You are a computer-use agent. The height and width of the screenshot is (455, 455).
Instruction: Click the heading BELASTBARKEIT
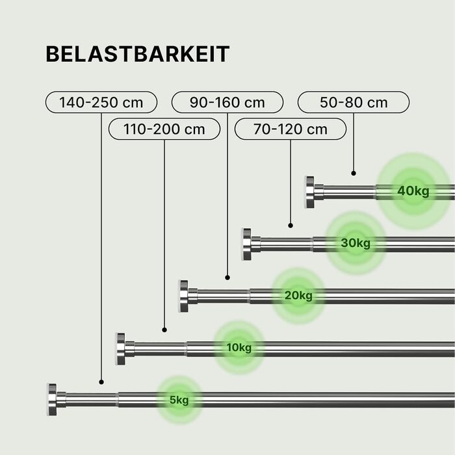tap(137, 55)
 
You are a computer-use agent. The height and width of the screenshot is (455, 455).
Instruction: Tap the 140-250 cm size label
tap(102, 102)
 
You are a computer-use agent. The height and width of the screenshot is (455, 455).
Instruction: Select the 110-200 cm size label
tap(164, 129)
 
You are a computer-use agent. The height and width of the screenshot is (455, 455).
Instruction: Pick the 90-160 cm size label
tap(227, 102)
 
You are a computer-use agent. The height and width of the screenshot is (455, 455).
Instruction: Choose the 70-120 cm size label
tap(291, 129)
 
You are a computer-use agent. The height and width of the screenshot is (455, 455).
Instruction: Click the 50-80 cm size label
tap(354, 102)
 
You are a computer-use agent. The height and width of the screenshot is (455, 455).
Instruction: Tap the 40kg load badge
tap(413, 191)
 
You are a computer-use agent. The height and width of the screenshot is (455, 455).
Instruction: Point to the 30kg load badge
tap(356, 244)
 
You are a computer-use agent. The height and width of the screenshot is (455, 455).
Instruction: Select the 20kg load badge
tap(298, 296)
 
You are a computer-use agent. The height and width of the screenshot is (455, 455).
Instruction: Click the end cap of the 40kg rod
tap(310, 192)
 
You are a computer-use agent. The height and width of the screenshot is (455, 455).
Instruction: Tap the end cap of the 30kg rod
tap(247, 244)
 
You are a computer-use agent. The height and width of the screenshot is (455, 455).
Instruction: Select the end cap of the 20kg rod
tap(184, 296)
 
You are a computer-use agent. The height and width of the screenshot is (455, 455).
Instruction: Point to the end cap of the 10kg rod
tap(121, 348)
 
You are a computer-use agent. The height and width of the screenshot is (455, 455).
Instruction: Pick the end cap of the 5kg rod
tap(52, 400)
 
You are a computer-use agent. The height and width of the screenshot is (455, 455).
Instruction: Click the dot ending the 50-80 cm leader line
tap(354, 173)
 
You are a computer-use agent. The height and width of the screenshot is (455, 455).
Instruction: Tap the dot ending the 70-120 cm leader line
tap(291, 226)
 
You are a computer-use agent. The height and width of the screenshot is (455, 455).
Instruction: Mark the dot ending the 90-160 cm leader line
tap(227, 278)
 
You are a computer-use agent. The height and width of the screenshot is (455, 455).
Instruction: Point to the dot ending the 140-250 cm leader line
tap(102, 382)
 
